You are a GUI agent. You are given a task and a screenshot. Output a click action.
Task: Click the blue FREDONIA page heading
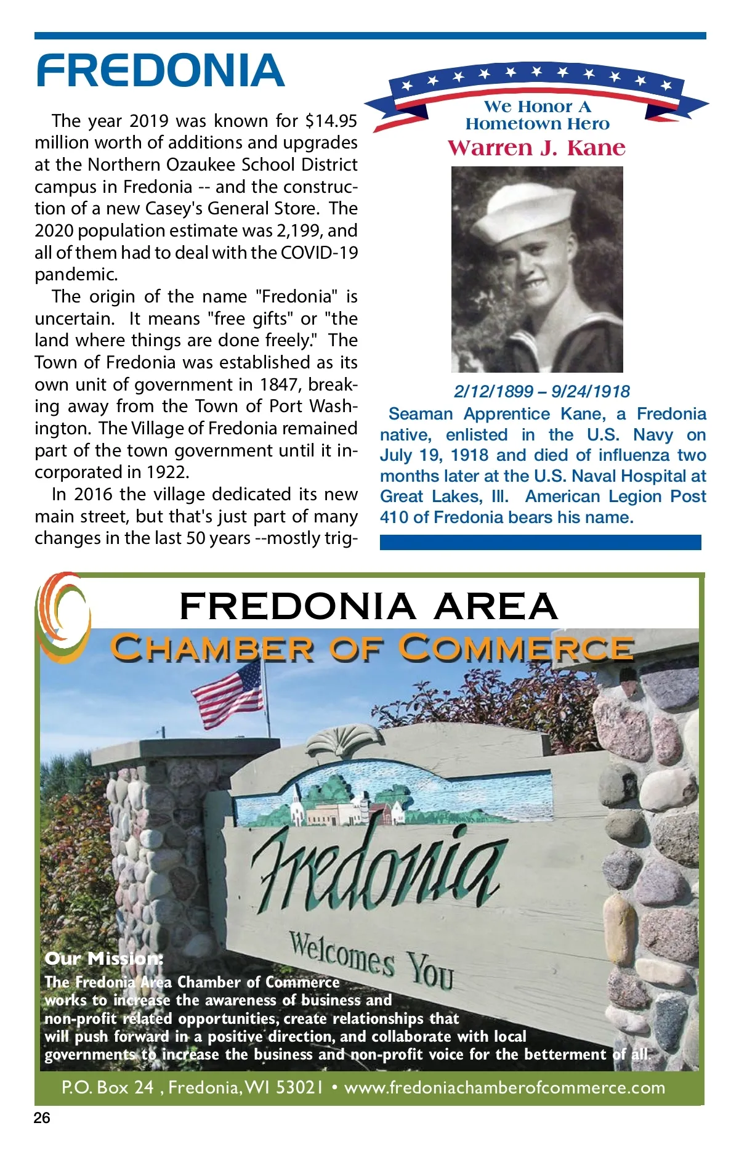[160, 70]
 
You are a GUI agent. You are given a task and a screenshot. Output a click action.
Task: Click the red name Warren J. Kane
[536, 148]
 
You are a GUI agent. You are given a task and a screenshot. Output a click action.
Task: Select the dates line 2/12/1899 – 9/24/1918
[541, 391]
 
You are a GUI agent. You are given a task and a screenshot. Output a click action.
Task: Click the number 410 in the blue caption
[394, 517]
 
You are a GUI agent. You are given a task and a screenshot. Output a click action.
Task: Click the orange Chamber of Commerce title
[371, 648]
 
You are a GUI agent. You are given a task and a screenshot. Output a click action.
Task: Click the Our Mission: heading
[104, 959]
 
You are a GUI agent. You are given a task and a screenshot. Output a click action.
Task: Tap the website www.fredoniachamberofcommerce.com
[504, 1088]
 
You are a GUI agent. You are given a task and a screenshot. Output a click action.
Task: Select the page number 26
[42, 1118]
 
